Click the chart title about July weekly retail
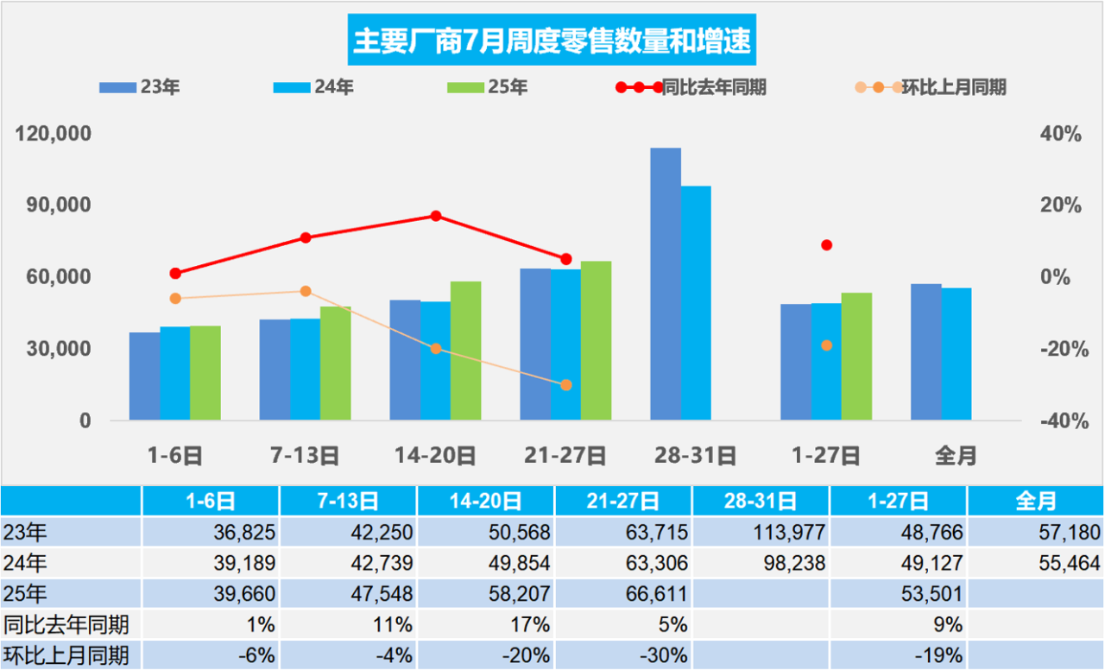[x=552, y=41]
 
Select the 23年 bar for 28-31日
[x=665, y=285]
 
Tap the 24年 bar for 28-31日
[x=696, y=303]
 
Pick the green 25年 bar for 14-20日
[x=465, y=351]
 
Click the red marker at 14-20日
[x=436, y=216]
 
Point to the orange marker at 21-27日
[x=566, y=385]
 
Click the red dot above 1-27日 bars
[x=826, y=245]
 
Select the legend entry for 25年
[x=489, y=87]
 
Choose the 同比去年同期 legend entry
[x=691, y=87]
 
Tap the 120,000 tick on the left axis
[x=55, y=135]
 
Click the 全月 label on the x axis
[x=956, y=455]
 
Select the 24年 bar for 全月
[x=957, y=354]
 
